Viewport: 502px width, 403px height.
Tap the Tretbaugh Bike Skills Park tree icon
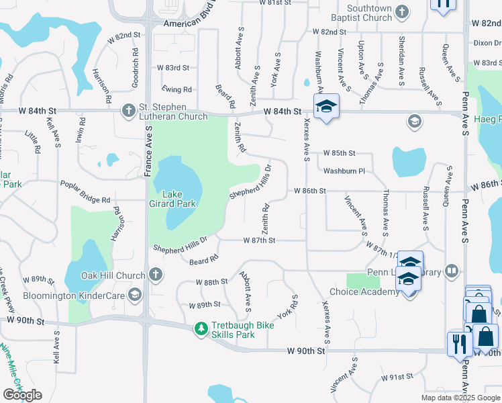pos(201,328)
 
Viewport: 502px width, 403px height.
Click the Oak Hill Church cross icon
pos(155,274)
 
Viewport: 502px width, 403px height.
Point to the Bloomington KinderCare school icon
pos(134,294)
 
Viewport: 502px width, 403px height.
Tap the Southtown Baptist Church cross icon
pos(401,11)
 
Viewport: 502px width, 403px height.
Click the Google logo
pos(22,395)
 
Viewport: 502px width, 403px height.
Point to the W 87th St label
pos(259,240)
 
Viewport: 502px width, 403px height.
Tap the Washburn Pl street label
pos(344,171)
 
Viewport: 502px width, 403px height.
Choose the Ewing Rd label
pos(177,89)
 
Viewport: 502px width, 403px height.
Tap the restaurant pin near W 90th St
pos(460,344)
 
